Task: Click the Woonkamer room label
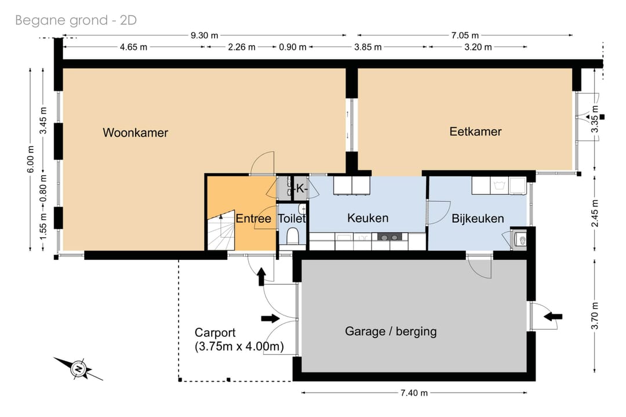(x=135, y=133)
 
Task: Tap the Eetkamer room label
(x=475, y=132)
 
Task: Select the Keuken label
(x=367, y=217)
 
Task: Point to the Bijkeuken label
(x=478, y=219)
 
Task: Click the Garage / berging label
(x=391, y=331)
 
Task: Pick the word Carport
(x=215, y=333)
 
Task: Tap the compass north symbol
(x=79, y=368)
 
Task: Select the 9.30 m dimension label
(x=205, y=35)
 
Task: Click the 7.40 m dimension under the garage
(x=414, y=393)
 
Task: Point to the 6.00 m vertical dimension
(x=31, y=159)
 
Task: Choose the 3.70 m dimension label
(x=595, y=316)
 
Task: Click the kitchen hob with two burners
(x=390, y=237)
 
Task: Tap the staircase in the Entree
(x=221, y=231)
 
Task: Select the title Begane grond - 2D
(x=76, y=20)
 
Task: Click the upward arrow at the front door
(x=261, y=277)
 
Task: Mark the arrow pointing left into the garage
(x=553, y=317)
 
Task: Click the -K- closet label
(x=300, y=188)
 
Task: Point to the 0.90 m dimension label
(x=293, y=47)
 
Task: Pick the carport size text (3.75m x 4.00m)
(x=239, y=346)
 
